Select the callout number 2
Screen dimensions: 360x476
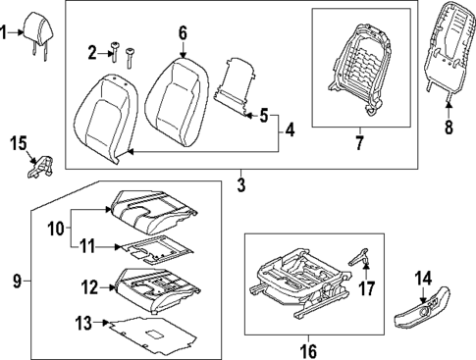click(x=92, y=51)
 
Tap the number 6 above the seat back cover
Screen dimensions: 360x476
click(x=183, y=33)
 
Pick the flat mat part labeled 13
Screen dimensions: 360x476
click(x=147, y=337)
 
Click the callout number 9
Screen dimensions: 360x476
click(x=16, y=282)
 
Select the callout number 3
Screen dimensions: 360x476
click(x=241, y=183)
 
